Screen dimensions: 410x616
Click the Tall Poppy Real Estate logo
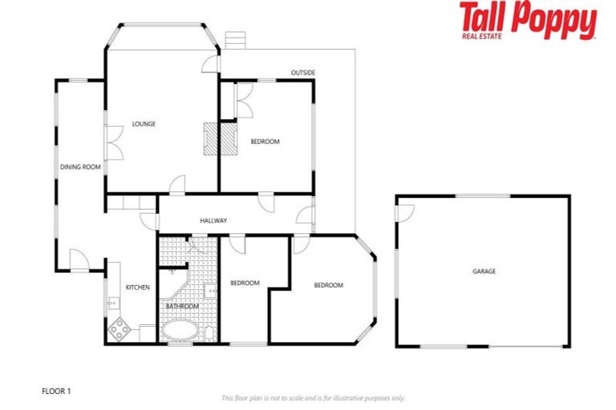pos(528,21)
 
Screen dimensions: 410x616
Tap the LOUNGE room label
pos(144,124)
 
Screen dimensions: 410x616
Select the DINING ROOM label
pos(80,167)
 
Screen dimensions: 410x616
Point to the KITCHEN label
pos(137,287)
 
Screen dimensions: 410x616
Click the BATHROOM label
pos(182,306)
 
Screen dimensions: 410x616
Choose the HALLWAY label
pos(213,220)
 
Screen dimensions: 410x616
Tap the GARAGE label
pos(484,271)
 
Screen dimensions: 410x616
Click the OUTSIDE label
pos(302,73)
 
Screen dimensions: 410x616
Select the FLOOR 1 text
pos(56,391)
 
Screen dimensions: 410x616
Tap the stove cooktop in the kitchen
pos(120,328)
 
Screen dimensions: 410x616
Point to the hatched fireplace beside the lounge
pos(221,138)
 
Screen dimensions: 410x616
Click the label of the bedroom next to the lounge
pos(265,142)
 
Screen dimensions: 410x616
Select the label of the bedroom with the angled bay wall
pos(328,285)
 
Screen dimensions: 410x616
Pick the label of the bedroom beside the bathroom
pos(245,283)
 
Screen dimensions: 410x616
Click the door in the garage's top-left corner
pos(405,211)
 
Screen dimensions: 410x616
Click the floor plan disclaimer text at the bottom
pos(313,398)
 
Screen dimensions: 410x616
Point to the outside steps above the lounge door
pos(235,40)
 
